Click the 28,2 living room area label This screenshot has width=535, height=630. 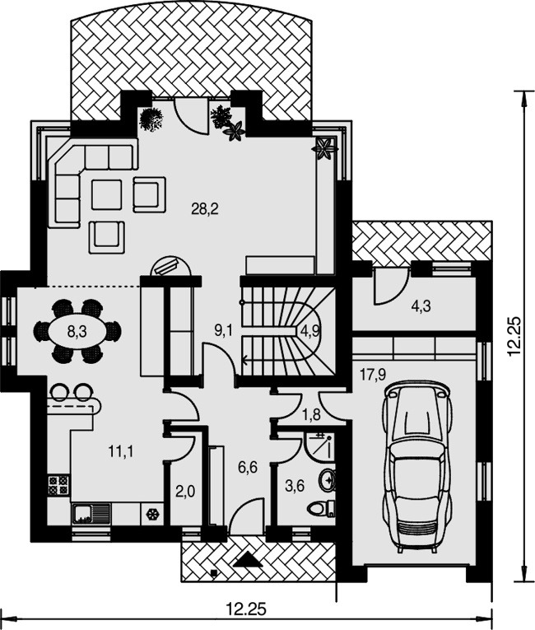[205, 209]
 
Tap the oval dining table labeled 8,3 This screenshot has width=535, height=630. [77, 332]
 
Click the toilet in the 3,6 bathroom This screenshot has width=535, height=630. [321, 509]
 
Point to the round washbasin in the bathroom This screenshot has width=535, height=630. [328, 479]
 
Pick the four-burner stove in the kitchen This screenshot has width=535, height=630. [58, 485]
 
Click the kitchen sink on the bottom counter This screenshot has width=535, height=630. [91, 514]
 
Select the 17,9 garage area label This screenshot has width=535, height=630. [373, 375]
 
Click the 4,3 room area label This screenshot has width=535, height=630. [421, 306]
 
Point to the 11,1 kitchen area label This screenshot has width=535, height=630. [121, 451]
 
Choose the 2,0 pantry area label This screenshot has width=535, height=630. [185, 491]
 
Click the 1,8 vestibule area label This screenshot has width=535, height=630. [311, 414]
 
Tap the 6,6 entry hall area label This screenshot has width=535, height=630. [248, 467]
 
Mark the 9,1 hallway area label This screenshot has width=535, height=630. [223, 330]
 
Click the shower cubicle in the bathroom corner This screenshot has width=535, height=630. [319, 446]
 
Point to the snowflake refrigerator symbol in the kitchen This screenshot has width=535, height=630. [152, 514]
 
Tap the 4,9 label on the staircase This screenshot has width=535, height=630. [309, 330]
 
